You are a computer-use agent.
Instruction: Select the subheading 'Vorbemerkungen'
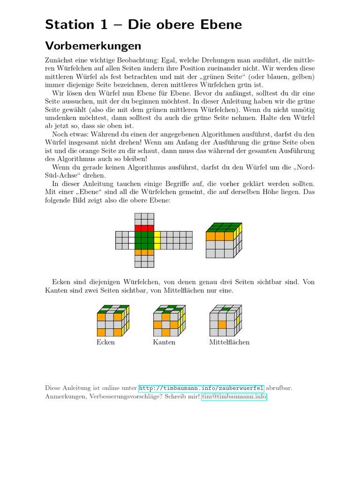93,46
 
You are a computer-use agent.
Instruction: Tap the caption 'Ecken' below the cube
105,342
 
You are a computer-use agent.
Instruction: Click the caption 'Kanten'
164,342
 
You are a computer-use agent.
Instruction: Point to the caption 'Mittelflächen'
229,342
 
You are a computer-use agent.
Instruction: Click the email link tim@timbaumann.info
234,397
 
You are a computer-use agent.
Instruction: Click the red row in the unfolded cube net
144,228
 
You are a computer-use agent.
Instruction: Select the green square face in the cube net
144,240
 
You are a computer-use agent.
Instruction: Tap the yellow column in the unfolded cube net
157,240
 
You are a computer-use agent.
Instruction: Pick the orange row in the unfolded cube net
144,252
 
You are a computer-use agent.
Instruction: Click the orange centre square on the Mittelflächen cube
223,324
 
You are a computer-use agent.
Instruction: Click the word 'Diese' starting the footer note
53,388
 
